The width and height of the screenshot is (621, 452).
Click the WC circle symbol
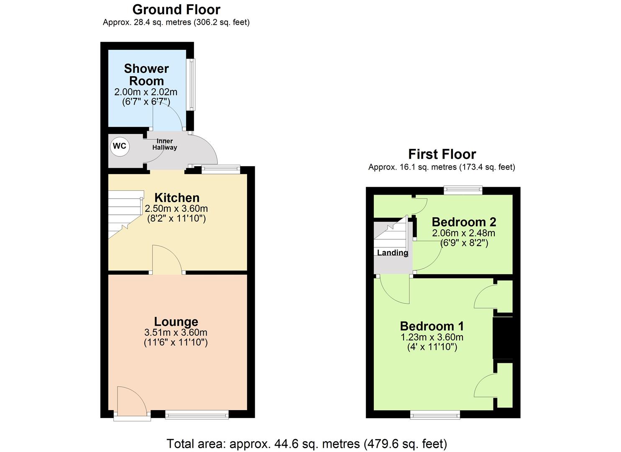(120, 146)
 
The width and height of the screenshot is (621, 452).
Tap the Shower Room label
(146, 74)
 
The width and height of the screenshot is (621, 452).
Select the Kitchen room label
(177, 198)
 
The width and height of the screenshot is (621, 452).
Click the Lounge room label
(176, 321)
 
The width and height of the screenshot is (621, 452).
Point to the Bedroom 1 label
(432, 326)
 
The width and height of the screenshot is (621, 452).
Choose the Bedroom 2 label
(464, 222)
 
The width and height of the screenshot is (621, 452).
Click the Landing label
(392, 253)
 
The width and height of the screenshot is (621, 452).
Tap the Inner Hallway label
(165, 144)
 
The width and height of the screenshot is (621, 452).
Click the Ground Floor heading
(176, 9)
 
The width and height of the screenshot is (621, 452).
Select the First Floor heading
(442, 154)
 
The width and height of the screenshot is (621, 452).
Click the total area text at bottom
(307, 444)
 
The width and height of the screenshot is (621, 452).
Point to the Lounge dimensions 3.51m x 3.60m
(176, 333)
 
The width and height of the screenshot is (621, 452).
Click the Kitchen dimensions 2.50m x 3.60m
(176, 208)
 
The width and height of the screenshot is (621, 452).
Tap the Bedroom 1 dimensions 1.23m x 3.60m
(432, 337)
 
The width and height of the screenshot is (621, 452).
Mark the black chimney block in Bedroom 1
(503, 338)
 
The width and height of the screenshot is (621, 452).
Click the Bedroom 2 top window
(463, 190)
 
